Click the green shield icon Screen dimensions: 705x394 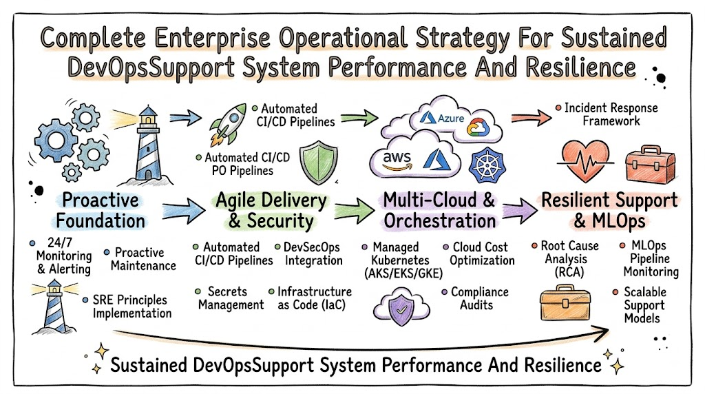click(319, 163)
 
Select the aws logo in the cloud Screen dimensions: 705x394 click(397, 160)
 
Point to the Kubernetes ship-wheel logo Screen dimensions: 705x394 click(487, 165)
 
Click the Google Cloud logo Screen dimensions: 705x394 click(478, 127)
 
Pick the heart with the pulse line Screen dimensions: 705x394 click(585, 160)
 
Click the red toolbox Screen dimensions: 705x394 click(650, 165)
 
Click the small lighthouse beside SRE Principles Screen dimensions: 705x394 click(54, 307)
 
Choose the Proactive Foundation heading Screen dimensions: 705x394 click(101, 211)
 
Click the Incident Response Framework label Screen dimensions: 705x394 click(611, 114)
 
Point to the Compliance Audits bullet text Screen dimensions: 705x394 click(479, 299)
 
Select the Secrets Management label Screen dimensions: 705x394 click(231, 298)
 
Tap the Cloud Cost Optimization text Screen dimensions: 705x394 click(481, 253)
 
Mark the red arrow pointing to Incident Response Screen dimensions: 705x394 click(531, 118)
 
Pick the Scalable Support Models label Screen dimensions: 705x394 click(644, 305)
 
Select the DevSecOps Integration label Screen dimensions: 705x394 click(313, 253)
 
